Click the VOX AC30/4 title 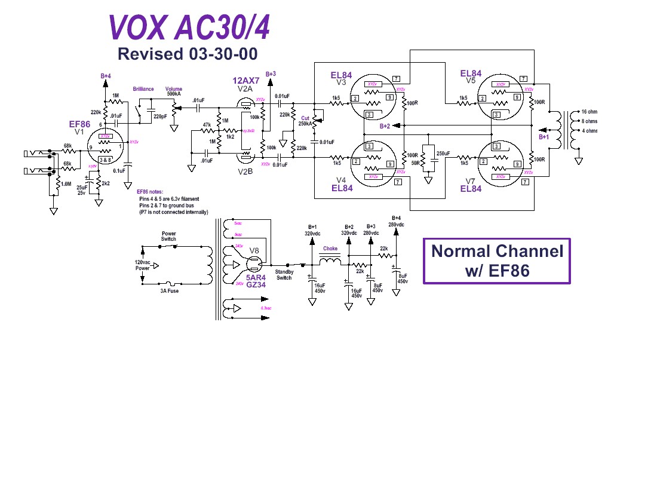(189, 27)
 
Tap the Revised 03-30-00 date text (188, 54)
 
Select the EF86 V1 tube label (80, 124)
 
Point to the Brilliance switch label (143, 89)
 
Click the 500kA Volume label (174, 94)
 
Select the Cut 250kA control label (305, 120)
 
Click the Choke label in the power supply (330, 249)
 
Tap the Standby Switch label (284, 275)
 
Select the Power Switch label (168, 237)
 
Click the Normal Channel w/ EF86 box (497, 261)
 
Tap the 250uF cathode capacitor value (444, 154)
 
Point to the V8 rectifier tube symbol (253, 262)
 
